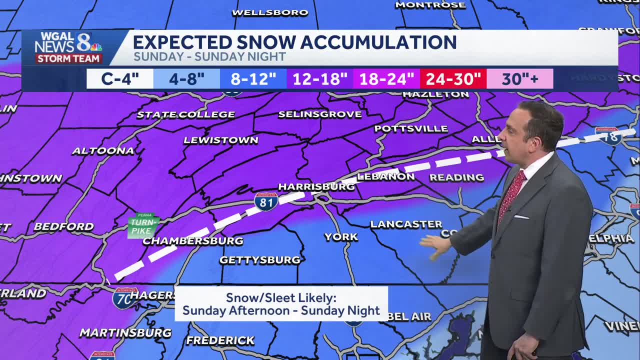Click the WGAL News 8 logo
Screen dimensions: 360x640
[68, 47]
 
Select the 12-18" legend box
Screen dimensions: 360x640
[319, 79]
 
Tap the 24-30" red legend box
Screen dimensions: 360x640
[453, 79]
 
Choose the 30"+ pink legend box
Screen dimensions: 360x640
[519, 79]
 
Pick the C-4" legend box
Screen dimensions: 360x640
[120, 79]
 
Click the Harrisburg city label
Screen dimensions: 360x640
[316, 187]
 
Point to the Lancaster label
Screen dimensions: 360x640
[406, 224]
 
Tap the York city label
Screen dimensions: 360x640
[341, 237]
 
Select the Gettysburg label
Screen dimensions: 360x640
[260, 260]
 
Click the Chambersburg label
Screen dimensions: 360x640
[193, 241]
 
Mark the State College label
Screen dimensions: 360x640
[185, 114]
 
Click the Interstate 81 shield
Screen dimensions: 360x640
[266, 201]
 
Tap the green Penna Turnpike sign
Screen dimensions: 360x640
[143, 225]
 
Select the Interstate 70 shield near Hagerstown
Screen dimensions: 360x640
[124, 298]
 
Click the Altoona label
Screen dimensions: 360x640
[103, 150]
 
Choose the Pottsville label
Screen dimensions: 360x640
[411, 128]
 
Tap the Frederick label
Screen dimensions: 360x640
[220, 340]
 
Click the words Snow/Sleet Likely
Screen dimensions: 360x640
[281, 298]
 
